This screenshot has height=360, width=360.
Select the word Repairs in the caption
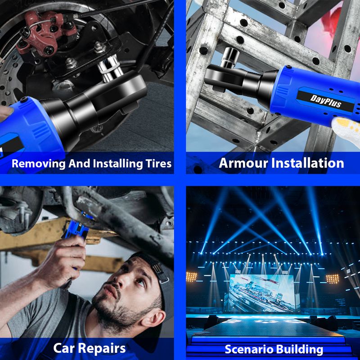click(x=102, y=349)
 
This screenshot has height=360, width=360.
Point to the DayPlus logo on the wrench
click(x=325, y=101)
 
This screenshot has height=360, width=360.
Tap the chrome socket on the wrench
click(x=110, y=68)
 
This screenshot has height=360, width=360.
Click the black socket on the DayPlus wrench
click(x=229, y=57)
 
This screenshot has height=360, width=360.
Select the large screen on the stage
click(x=262, y=293)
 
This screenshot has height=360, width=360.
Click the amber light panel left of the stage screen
click(x=192, y=277)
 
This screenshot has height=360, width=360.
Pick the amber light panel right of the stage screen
click(x=333, y=279)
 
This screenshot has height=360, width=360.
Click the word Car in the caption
click(x=64, y=348)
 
